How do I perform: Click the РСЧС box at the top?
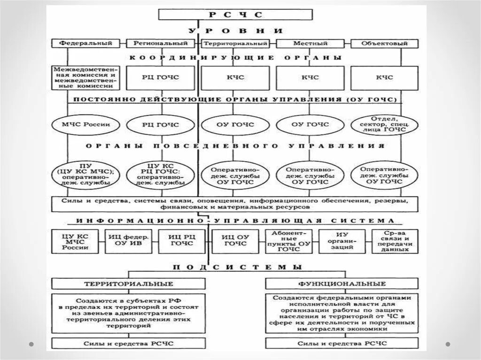coord(235,15)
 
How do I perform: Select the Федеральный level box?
coord(85,44)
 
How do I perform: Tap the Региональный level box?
coord(160,44)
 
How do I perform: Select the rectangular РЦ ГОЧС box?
coord(160,77)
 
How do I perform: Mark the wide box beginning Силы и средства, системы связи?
coord(234,204)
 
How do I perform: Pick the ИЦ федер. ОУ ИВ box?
coord(125,241)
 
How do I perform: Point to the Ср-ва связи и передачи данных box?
coord(395,241)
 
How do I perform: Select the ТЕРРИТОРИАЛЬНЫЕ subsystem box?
coord(128,284)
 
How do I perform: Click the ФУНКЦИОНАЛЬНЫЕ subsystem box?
coord(341,284)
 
